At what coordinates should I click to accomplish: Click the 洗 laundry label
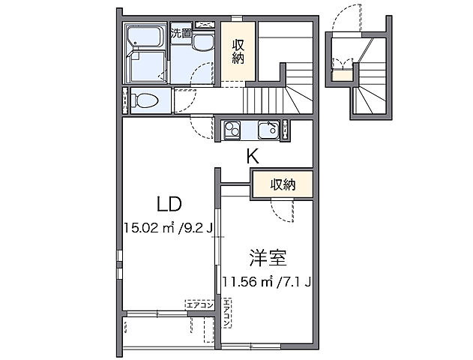[175, 33]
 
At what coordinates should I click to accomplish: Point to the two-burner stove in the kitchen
[230, 131]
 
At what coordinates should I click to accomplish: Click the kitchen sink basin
[267, 131]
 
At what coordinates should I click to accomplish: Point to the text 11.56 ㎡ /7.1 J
[267, 282]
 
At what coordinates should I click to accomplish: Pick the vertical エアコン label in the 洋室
[226, 314]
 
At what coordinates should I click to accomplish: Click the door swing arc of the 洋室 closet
[286, 212]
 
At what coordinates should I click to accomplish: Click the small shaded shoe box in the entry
[342, 71]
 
